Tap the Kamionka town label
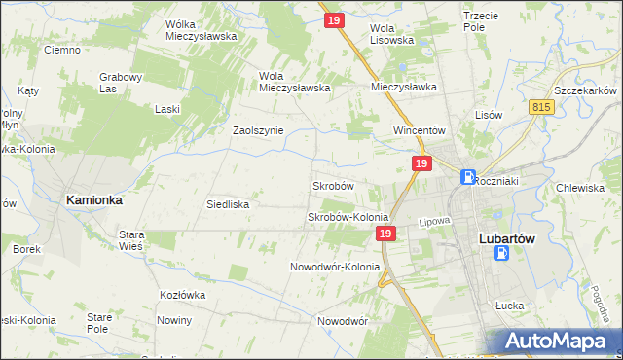point(93,199)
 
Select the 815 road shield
point(543,107)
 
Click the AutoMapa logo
point(562,342)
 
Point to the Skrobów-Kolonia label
point(348,217)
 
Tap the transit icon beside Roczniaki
point(468,178)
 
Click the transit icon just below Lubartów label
point(501,253)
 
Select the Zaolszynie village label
point(258,130)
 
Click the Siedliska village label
point(229,204)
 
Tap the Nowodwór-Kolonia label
point(335,267)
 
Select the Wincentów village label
point(419,129)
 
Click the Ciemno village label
point(61,50)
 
